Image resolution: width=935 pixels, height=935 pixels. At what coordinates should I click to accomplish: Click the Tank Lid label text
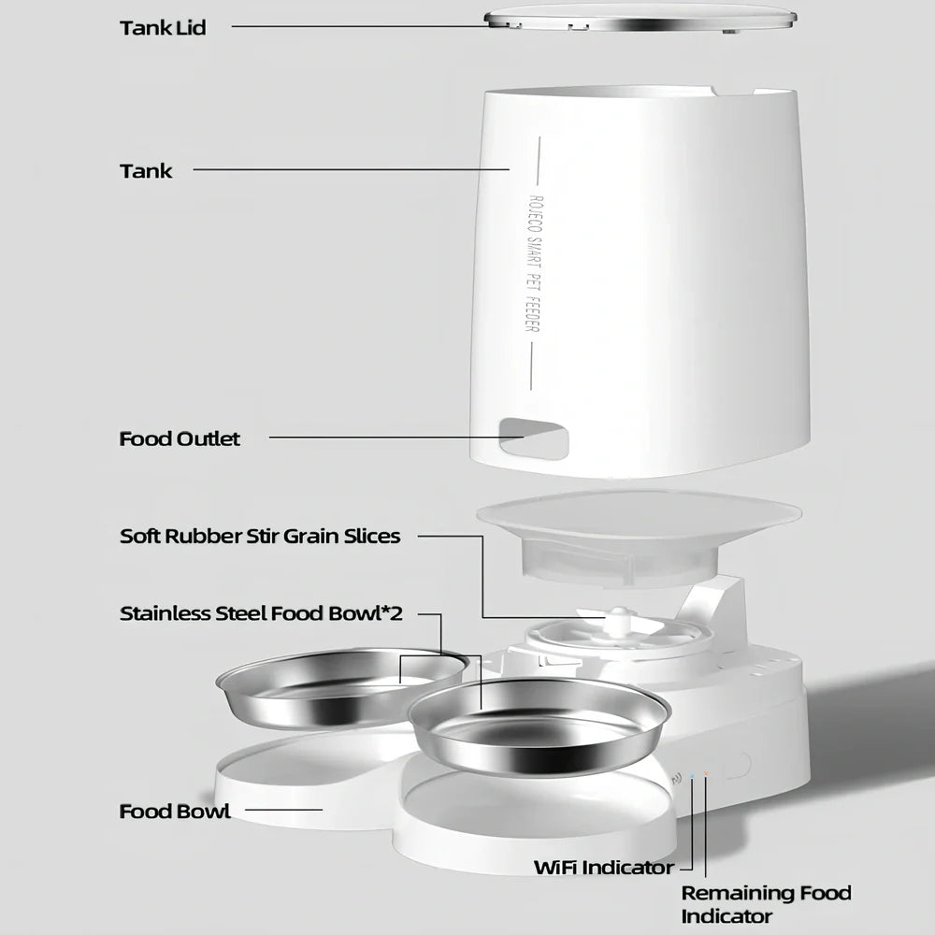[x=162, y=27]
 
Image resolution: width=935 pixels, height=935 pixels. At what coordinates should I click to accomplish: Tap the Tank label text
[x=146, y=171]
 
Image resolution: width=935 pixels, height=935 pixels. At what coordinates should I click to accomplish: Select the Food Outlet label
[x=180, y=439]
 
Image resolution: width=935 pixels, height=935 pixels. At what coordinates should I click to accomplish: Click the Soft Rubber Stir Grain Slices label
[x=260, y=536]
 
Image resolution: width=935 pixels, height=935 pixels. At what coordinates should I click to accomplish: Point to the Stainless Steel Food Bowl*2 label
[x=261, y=613]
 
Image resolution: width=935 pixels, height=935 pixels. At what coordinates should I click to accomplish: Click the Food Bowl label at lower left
[x=174, y=811]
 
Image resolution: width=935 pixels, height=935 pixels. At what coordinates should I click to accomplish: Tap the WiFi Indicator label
[x=603, y=867]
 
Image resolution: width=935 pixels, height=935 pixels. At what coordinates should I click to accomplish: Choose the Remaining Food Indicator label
[x=766, y=904]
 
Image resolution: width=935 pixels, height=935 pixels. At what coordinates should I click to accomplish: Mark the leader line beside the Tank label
[x=351, y=170]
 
